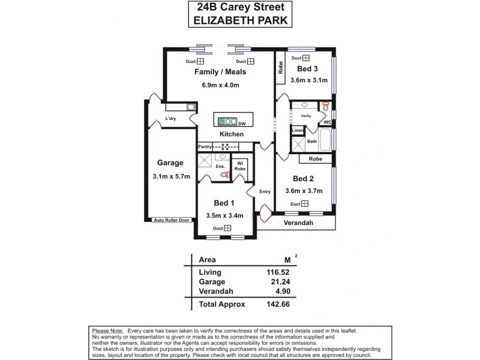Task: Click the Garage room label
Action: pyautogui.click(x=170, y=163)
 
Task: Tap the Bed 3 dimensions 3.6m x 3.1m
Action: pyautogui.click(x=308, y=80)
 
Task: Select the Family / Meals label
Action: pyautogui.click(x=220, y=72)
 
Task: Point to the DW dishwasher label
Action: pyautogui.click(x=241, y=121)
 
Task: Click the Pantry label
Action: pyautogui.click(x=205, y=146)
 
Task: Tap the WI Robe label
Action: pyautogui.click(x=239, y=166)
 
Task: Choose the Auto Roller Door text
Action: pyautogui.click(x=171, y=220)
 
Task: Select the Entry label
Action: pyautogui.click(x=265, y=192)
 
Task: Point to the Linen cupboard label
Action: pyautogui.click(x=298, y=130)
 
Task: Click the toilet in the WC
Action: pyautogui.click(x=325, y=107)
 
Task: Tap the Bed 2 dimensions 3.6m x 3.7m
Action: pyautogui.click(x=304, y=191)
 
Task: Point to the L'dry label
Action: pyautogui.click(x=171, y=119)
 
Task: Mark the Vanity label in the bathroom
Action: pyautogui.click(x=305, y=115)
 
